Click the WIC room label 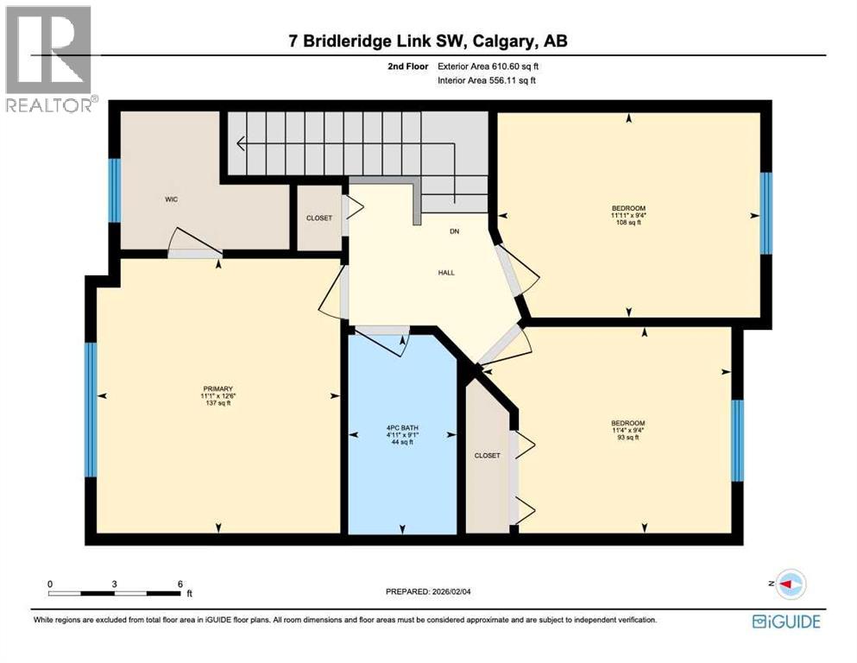(172, 199)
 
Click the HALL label (445, 273)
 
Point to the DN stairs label (453, 231)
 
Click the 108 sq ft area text (628, 223)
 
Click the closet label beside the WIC (319, 218)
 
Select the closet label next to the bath (487, 456)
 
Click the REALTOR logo (50, 60)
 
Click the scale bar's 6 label (180, 584)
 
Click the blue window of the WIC (114, 190)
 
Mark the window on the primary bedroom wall (90, 409)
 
